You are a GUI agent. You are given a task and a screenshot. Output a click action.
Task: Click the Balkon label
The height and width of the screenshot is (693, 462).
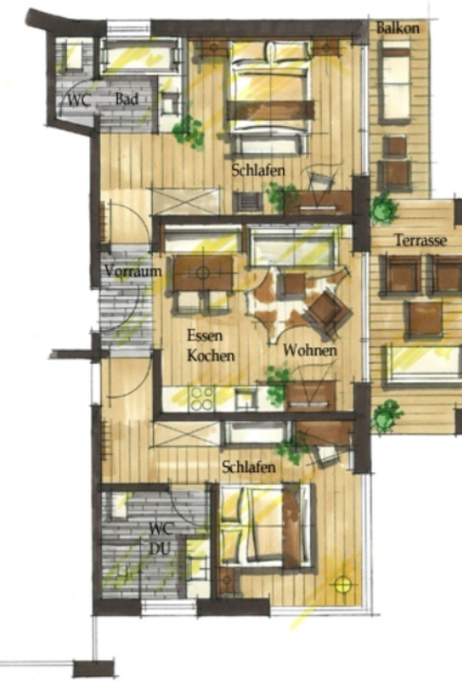tap(397, 28)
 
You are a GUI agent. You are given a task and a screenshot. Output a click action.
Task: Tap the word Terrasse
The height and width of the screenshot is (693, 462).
tap(420, 240)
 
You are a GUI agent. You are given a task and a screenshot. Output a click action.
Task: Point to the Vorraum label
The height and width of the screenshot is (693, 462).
tap(133, 271)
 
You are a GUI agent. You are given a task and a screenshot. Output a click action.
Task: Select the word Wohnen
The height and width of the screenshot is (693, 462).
tap(310, 350)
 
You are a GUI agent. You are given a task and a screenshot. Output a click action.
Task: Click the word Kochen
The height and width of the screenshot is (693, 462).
tap(211, 356)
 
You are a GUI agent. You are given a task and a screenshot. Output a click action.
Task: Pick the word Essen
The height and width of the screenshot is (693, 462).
tap(205, 336)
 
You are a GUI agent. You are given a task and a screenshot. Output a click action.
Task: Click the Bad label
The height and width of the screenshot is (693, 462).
tap(126, 99)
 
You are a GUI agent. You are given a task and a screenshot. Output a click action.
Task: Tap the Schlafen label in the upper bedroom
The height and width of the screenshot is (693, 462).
tap(258, 171)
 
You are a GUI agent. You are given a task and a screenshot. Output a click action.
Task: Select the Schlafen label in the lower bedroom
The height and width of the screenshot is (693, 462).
tap(248, 467)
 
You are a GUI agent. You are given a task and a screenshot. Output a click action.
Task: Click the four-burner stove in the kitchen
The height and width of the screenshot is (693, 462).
tap(201, 398)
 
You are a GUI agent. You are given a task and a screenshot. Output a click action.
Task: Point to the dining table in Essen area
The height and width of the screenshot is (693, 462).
tap(203, 273)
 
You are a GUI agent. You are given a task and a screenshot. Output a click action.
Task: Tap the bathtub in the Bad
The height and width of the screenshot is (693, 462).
tap(139, 56)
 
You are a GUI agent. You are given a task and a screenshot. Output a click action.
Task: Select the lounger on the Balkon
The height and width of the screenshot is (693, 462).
tap(394, 81)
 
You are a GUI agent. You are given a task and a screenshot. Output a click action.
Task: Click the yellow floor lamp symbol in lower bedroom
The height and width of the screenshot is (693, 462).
tap(342, 584)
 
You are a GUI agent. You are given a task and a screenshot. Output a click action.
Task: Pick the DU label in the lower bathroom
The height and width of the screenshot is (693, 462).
tap(159, 549)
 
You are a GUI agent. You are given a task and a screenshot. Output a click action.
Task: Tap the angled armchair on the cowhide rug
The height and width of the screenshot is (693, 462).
tap(327, 312)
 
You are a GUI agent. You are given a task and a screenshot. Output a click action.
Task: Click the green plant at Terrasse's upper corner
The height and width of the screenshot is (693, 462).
tap(383, 208)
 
